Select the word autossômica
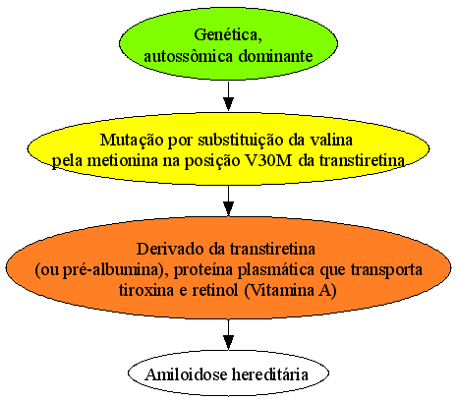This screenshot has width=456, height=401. [x=188, y=56]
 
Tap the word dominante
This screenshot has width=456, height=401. [x=275, y=56]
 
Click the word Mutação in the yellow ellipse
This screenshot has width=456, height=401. [x=132, y=141]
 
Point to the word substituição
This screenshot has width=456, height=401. [x=241, y=141]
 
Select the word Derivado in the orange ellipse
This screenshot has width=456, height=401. [x=181, y=249]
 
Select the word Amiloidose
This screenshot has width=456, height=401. [x=187, y=374]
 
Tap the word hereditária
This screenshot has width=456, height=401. [x=270, y=374]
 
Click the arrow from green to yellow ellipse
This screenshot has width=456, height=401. [x=228, y=96]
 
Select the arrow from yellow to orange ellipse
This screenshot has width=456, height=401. [x=228, y=200]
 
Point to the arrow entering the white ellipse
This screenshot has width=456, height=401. [x=228, y=334]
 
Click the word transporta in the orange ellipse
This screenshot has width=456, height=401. [x=386, y=270]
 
